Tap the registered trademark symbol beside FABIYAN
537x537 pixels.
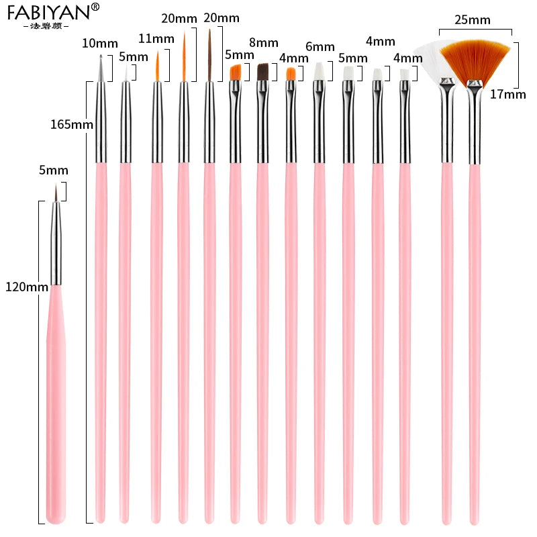pyautogui.click(x=95, y=7)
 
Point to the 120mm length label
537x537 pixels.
pyautogui.click(x=25, y=287)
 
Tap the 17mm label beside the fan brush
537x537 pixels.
pyautogui.click(x=508, y=94)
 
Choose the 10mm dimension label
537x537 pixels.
pyautogui.click(x=95, y=44)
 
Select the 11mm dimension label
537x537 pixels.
pyautogui.click(x=157, y=38)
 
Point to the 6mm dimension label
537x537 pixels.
pyautogui.click(x=320, y=47)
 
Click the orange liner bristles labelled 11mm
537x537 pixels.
pyautogui.click(x=157, y=67)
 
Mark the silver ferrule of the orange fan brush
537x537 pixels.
pyautogui.click(x=475, y=121)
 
